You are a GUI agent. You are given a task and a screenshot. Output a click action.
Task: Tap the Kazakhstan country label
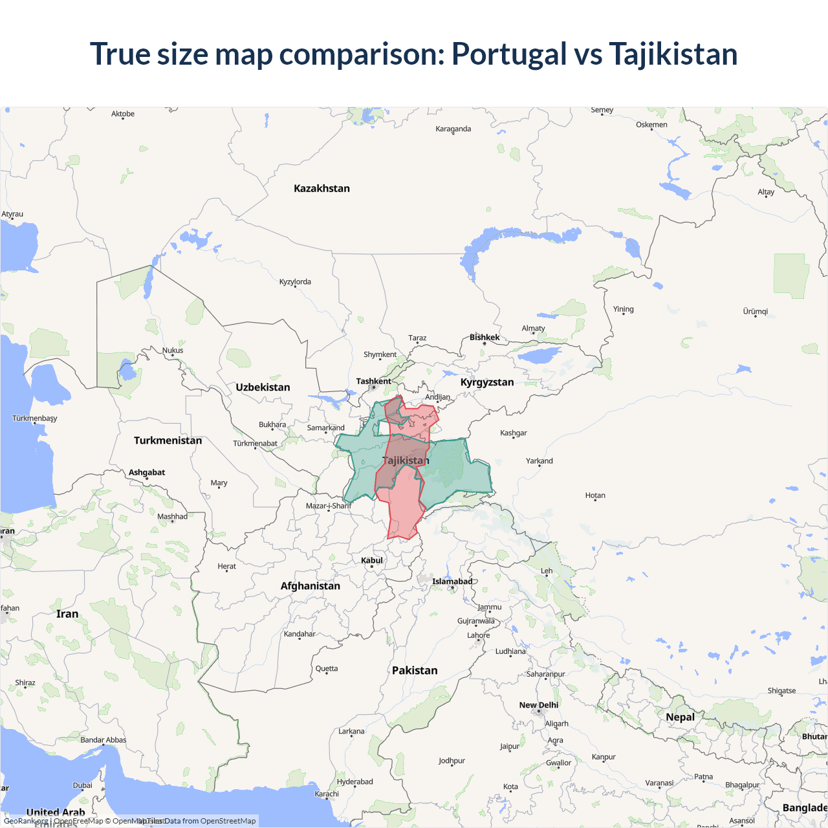coord(321,188)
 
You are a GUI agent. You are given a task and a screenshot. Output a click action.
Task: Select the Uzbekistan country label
coord(263,387)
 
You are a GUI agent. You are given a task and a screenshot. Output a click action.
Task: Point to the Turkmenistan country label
coord(168,441)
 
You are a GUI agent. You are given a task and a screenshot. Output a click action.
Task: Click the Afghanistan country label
coord(310,586)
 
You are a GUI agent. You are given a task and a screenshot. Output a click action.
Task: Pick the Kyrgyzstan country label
coord(487,382)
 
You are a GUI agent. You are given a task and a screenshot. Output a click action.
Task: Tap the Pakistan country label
coord(415,670)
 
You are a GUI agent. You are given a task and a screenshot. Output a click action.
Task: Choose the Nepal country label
coord(680,717)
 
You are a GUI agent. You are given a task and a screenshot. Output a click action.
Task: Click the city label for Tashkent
coord(373,381)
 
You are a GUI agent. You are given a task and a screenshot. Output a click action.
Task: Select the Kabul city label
coord(372,560)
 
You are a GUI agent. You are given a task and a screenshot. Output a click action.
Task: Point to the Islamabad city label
coord(452,582)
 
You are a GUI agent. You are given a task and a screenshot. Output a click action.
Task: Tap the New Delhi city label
coord(538,705)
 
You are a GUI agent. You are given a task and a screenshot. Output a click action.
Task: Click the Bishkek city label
coord(485,337)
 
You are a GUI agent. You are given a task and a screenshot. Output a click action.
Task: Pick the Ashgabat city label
coord(147,472)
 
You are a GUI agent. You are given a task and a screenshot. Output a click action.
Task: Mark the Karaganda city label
coord(453,129)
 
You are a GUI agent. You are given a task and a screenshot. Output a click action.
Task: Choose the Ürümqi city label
coord(755,311)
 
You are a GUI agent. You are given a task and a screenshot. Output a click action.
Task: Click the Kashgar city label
coord(513,433)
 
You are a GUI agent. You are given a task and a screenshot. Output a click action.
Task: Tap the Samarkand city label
coord(325,428)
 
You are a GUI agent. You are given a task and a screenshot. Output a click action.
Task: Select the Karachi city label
coord(327,794)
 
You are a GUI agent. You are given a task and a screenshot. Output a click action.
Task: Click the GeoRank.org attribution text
coord(26,821)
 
